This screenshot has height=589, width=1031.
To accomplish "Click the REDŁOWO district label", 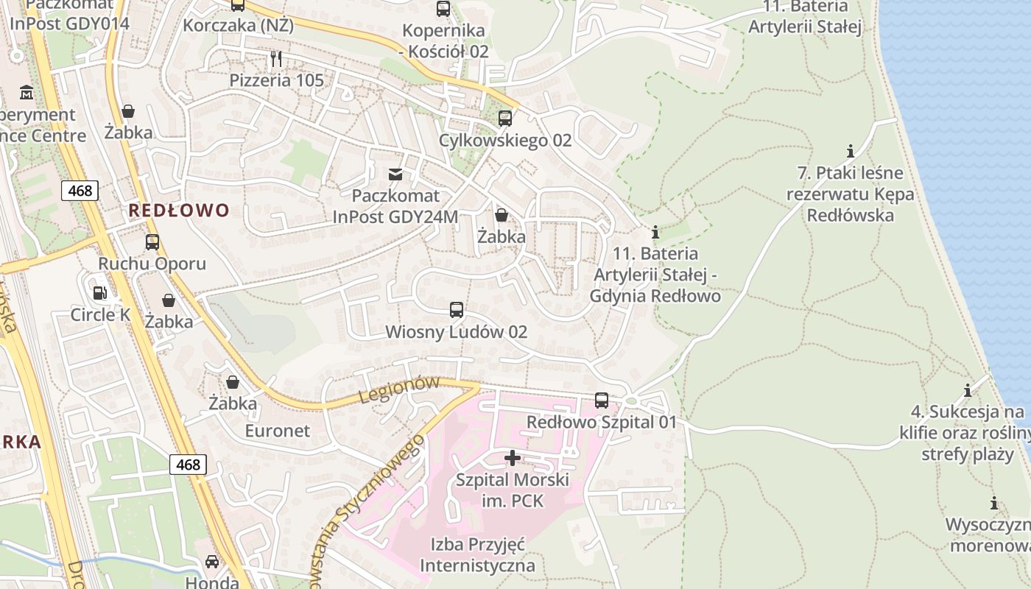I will tap(179, 211).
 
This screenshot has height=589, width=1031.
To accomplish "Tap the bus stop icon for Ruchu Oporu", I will tap(152, 242).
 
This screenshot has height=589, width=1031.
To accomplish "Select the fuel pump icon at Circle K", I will tap(99, 293).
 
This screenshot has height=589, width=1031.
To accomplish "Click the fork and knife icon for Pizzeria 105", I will tap(276, 59).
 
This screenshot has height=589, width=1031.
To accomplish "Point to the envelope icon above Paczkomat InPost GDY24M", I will tap(395, 174).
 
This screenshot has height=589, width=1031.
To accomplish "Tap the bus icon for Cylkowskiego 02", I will tap(505, 119).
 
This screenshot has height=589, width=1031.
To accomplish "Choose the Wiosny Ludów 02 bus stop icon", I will tap(457, 310).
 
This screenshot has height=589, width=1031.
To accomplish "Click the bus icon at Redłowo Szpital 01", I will tap(602, 401).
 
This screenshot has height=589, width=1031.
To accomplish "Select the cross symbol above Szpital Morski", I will tap(513, 458).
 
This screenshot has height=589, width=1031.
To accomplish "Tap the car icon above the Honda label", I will tap(212, 562).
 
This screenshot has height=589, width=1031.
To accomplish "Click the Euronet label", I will tap(278, 431).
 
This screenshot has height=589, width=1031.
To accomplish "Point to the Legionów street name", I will tap(399, 389).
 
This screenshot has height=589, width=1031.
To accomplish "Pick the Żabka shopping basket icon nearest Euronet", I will tap(233, 382).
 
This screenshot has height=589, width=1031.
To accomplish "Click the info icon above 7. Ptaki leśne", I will tap(851, 152).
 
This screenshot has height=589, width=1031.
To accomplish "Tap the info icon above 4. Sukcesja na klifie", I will tap(968, 390).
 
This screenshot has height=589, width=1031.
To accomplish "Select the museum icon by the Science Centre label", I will tap(27, 93).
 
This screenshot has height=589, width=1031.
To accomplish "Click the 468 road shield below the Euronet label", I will tap(188, 465).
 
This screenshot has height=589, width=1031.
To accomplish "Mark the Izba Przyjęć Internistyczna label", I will tap(477, 555).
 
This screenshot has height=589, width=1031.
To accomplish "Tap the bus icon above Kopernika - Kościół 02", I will tap(443, 9).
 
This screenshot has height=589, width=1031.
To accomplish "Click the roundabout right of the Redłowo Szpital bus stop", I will tap(630, 401).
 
